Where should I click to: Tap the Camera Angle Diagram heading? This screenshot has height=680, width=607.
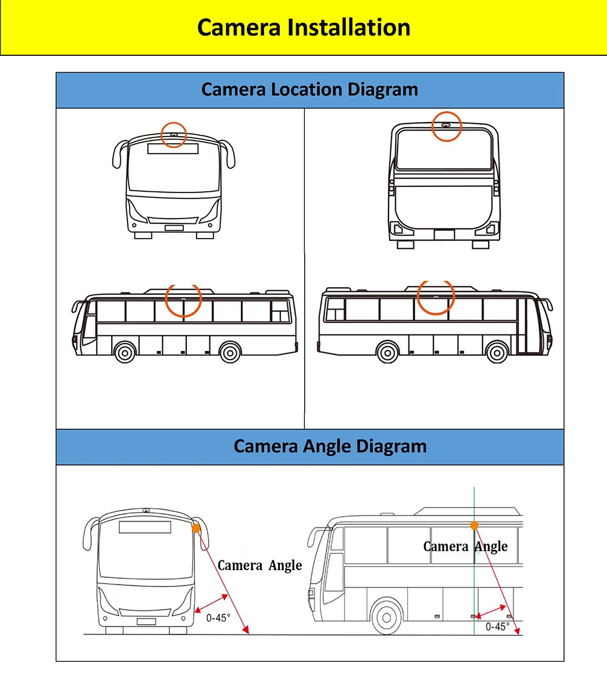pyautogui.click(x=330, y=446)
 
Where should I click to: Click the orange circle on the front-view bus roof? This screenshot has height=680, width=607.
pyautogui.click(x=174, y=133)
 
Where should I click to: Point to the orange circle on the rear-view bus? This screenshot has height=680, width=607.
pyautogui.click(x=446, y=126)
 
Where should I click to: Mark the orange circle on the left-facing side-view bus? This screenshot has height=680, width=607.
pyautogui.click(x=183, y=300)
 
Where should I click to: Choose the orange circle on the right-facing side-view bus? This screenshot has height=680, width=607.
pyautogui.click(x=436, y=298)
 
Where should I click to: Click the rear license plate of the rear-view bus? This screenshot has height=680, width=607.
pyautogui.click(x=444, y=235)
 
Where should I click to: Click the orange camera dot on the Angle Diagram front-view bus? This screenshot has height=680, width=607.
pyautogui.click(x=195, y=529)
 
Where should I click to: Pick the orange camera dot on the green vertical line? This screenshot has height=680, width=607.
pyautogui.click(x=473, y=526)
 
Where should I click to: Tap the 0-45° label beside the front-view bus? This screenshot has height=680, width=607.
pyautogui.click(x=219, y=618)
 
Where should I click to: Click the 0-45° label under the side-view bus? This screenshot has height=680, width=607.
pyautogui.click(x=497, y=627)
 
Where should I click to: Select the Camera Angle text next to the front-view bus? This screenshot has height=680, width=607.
pyautogui.click(x=259, y=566)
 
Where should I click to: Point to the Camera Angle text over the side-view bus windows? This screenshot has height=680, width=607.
pyautogui.click(x=465, y=546)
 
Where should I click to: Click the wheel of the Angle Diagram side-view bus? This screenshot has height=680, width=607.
pyautogui.click(x=386, y=617)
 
